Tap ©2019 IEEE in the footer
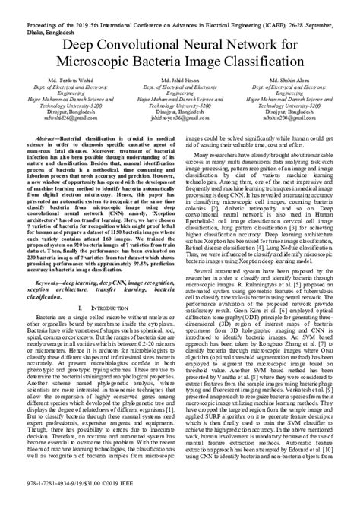click(134, 500)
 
